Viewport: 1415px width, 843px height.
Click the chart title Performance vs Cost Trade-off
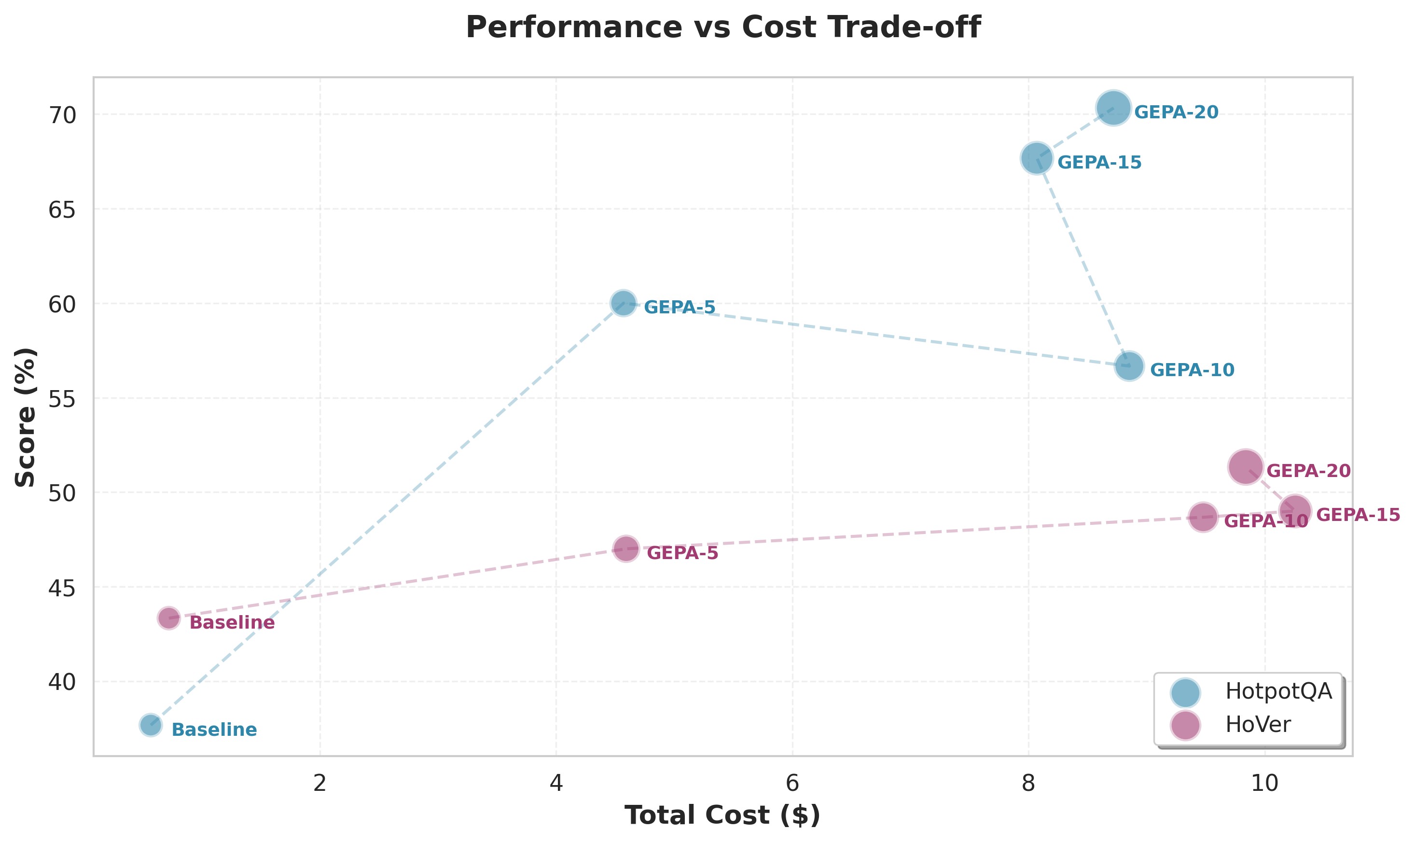pos(723,27)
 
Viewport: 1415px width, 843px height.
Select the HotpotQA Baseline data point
pos(151,725)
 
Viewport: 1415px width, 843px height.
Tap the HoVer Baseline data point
pos(168,618)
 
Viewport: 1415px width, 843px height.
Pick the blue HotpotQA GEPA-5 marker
pos(624,303)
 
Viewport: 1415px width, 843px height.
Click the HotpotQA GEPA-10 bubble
pos(1129,366)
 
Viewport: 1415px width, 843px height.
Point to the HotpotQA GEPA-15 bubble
pos(1037,158)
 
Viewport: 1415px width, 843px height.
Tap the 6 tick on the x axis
pos(792,783)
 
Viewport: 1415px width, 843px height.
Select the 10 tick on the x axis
pos(1264,783)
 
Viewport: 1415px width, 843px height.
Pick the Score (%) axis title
pos(26,417)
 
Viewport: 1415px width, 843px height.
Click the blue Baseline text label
pos(214,730)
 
